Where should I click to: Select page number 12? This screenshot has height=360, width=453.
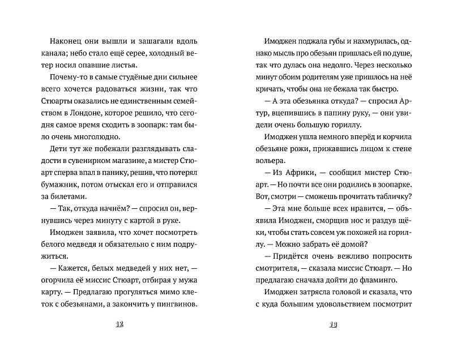click(x=119, y=325)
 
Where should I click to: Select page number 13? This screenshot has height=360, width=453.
click(x=333, y=325)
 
